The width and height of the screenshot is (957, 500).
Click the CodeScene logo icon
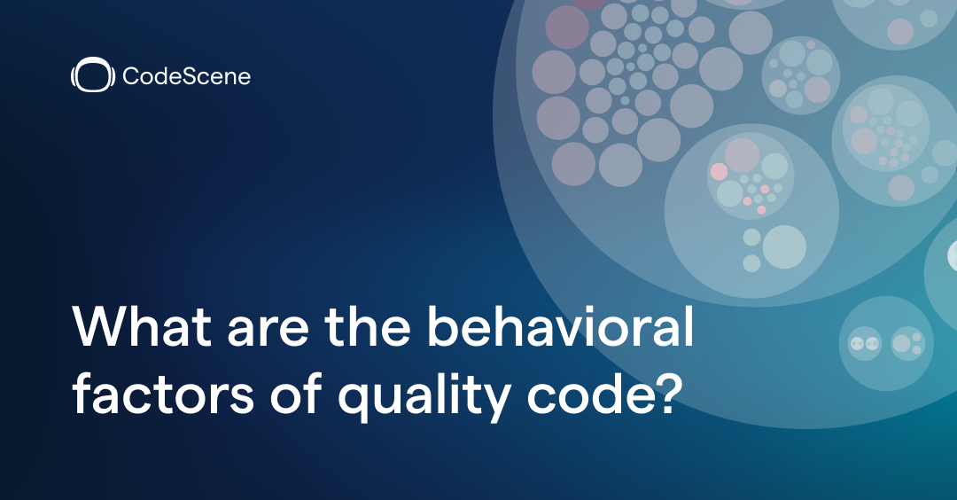[92, 76]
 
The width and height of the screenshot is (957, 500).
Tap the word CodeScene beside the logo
[186, 77]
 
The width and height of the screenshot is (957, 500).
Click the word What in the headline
[142, 329]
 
